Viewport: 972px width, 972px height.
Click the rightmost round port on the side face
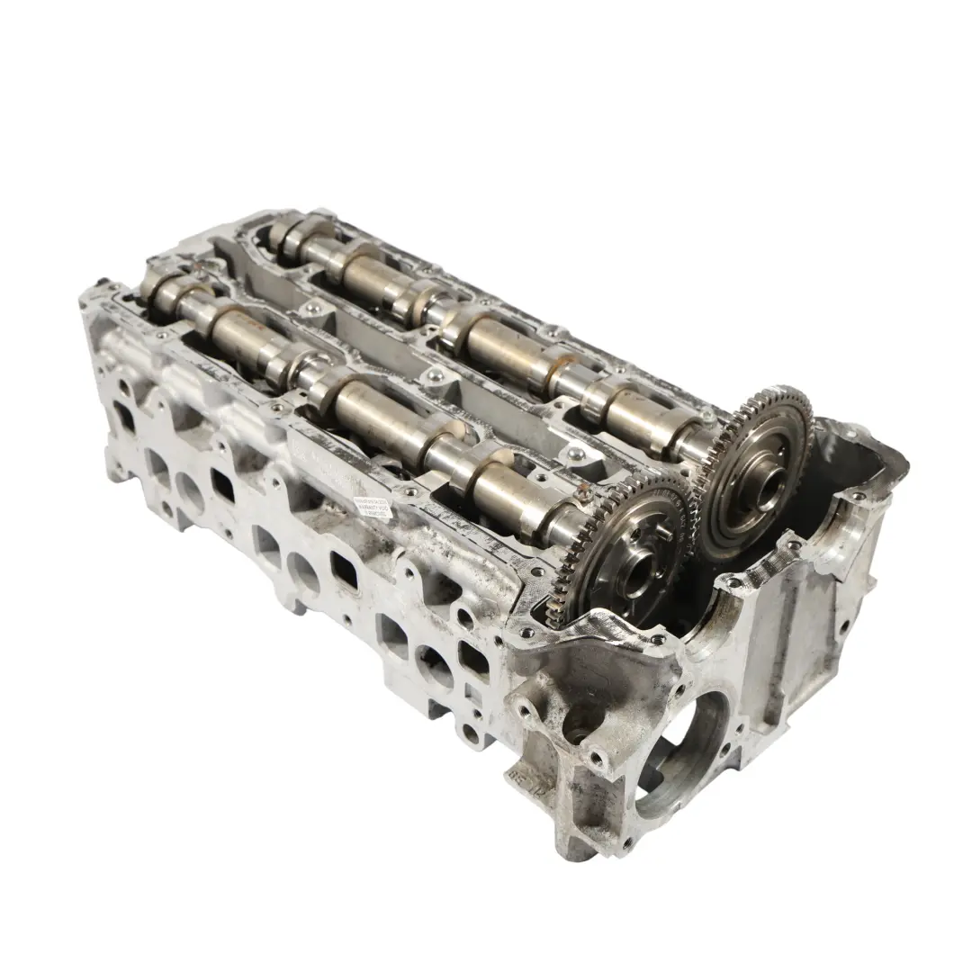pos(434,667)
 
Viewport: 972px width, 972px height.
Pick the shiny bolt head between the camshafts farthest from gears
pos(312,309)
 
